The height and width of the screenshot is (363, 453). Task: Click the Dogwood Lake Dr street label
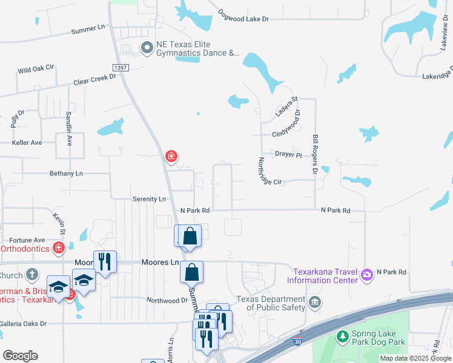pos(243,19)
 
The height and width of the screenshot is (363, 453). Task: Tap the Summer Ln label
pos(88,29)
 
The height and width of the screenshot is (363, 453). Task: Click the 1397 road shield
pos(120,68)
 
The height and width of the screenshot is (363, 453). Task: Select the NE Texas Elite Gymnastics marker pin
pos(147,47)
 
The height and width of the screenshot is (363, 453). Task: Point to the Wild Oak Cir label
pos(36,70)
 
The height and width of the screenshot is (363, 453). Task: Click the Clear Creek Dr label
pos(94,79)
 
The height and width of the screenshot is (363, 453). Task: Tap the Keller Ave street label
pos(27,143)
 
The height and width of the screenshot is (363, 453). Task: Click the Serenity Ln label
pos(149,198)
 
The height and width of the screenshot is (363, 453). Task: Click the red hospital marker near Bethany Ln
pos(171,157)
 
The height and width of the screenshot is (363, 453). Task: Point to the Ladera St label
pos(286,107)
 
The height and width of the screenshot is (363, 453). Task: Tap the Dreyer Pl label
pos(288,154)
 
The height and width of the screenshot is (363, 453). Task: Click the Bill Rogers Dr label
pos(316,155)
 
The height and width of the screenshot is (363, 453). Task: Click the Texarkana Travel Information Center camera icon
pos(367,275)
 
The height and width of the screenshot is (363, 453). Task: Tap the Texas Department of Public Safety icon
pos(314,302)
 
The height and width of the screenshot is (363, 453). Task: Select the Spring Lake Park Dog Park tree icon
pos(343,335)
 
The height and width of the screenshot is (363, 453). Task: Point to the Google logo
pos(20,355)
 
